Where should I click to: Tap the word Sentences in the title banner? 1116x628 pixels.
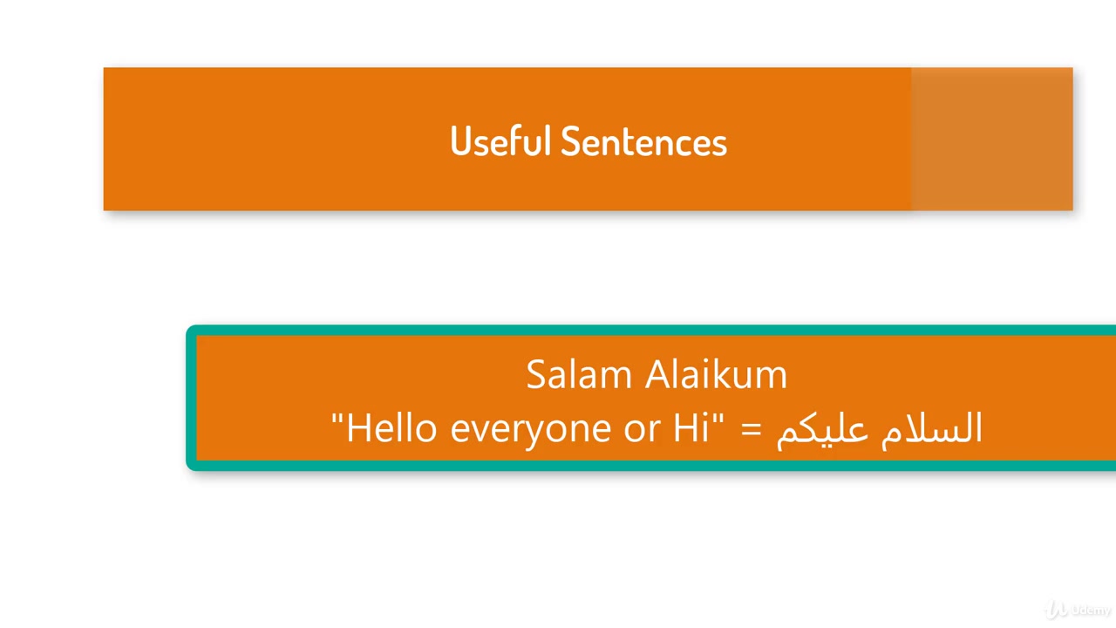(643, 141)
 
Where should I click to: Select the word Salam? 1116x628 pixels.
(579, 374)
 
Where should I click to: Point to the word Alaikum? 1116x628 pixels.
(716, 374)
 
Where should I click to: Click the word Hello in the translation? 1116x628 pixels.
(391, 427)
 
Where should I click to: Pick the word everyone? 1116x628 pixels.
(531, 431)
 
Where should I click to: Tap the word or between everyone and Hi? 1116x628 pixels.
(642, 432)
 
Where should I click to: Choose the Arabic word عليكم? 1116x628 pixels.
(822, 431)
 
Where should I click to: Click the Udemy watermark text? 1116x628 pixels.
(1090, 610)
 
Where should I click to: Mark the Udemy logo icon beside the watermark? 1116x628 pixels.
(1056, 610)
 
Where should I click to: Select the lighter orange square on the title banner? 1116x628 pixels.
(992, 139)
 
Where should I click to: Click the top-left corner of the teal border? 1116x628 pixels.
(187, 326)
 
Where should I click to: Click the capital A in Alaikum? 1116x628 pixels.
(660, 374)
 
